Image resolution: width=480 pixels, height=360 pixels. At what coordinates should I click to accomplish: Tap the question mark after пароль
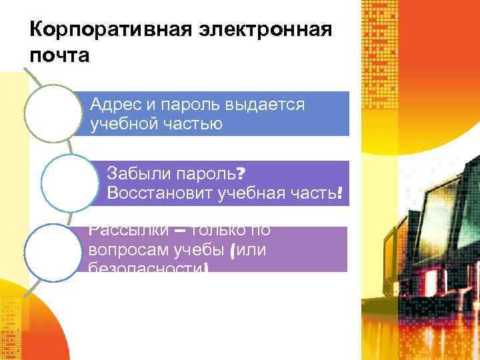coord(240,175)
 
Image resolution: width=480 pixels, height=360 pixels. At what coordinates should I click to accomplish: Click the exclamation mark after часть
coord(340,193)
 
